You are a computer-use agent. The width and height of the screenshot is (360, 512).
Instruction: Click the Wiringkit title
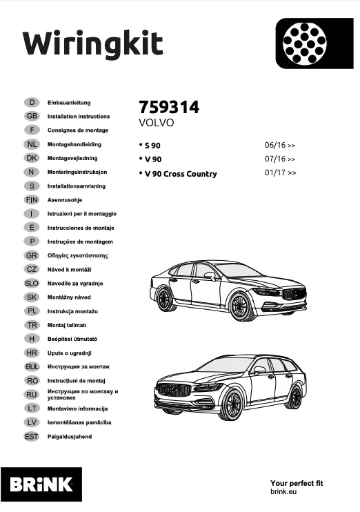(x=93, y=43)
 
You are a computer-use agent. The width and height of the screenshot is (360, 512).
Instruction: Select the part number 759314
(x=169, y=108)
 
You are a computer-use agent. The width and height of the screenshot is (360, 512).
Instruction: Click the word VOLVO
(x=157, y=123)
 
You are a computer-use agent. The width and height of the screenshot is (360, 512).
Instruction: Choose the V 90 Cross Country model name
(x=180, y=174)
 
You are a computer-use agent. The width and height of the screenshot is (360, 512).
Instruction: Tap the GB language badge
(x=32, y=116)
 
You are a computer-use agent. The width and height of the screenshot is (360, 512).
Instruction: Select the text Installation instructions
(x=78, y=117)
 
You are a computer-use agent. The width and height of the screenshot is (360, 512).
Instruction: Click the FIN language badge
(x=32, y=199)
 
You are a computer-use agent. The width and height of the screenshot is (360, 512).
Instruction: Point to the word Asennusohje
(x=66, y=200)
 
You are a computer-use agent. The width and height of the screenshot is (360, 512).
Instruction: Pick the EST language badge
(x=32, y=436)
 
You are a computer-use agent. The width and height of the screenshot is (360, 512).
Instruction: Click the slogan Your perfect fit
(x=297, y=484)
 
